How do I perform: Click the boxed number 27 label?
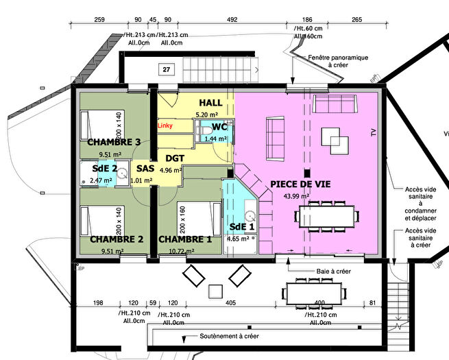[x=166, y=69]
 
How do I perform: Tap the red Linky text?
[x=165, y=126]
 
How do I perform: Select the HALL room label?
[x=210, y=102]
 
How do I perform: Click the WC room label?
[x=219, y=128]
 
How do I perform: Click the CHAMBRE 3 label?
[x=114, y=142]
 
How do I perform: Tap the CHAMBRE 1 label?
[x=185, y=239]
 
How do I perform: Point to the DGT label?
[x=175, y=158]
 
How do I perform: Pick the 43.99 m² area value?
[x=295, y=196]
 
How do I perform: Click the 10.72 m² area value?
[x=181, y=252]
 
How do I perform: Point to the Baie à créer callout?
[x=334, y=272]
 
